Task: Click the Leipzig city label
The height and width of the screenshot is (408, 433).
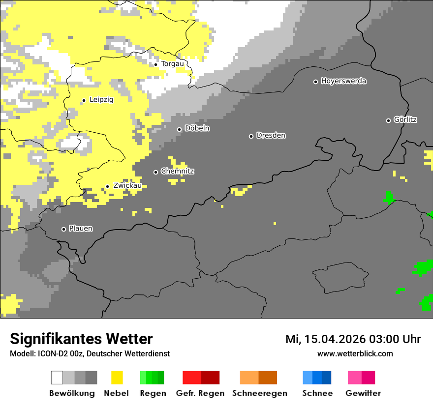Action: [x=101, y=100]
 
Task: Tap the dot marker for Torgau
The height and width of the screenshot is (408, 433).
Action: [x=155, y=64]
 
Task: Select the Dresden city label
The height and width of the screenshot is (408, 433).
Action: [x=271, y=135]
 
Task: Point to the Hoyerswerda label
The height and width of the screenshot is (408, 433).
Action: [x=343, y=81]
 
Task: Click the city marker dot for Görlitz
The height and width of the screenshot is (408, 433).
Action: [x=388, y=120]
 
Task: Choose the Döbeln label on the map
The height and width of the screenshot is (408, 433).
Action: [x=197, y=128]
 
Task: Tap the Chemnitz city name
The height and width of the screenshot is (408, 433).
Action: [x=177, y=172]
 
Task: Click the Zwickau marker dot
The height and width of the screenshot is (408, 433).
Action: [x=107, y=186]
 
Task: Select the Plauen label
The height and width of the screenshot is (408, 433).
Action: [x=81, y=229]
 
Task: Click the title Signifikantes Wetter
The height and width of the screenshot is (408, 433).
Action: [x=81, y=339]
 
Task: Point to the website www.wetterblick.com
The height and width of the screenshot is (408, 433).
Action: [x=355, y=353]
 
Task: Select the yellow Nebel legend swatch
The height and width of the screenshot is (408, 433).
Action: [x=117, y=378]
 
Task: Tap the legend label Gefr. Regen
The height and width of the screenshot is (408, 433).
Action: [x=200, y=393]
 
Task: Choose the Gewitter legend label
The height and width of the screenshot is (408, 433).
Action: [x=363, y=393]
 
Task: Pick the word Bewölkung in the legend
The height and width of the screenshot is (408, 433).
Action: [x=72, y=393]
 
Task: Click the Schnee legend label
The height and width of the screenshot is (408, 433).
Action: [x=317, y=393]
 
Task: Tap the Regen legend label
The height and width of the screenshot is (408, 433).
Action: [x=152, y=393]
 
